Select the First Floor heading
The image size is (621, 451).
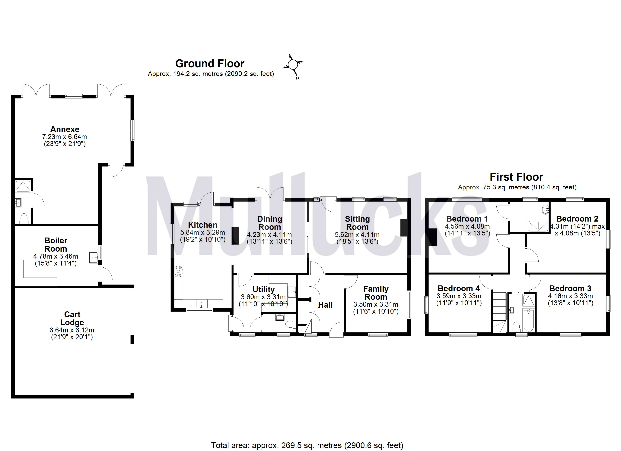click(516, 177)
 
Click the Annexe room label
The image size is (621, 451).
click(65, 129)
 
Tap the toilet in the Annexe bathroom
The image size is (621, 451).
click(24, 219)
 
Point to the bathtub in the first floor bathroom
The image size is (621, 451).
click(528, 320)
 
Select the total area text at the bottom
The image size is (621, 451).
click(307, 445)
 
